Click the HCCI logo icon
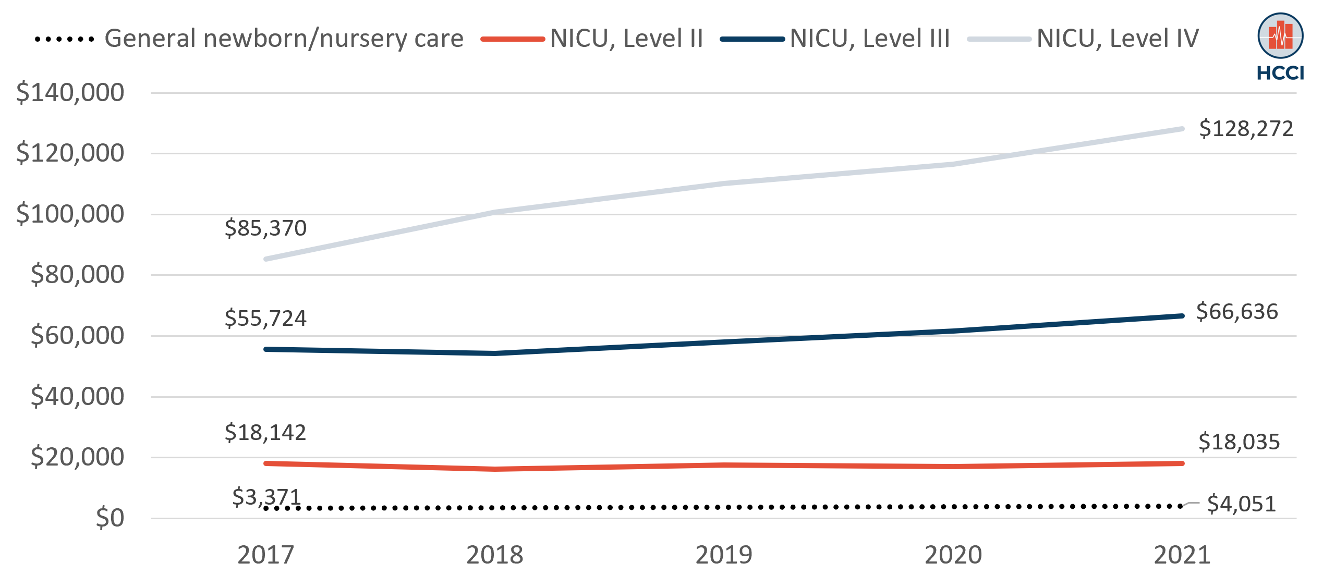click(1280, 35)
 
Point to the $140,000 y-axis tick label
click(70, 93)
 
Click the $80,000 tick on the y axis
click(77, 275)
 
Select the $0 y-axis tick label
click(110, 518)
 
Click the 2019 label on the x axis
click(724, 555)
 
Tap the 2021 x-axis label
click(1182, 555)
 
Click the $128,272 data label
click(1246, 129)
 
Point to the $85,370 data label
click(265, 228)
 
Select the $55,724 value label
click(265, 319)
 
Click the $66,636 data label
click(1237, 312)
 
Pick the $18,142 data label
click(265, 433)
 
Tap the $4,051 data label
click(1241, 504)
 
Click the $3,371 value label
click(266, 497)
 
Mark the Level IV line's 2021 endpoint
click(1182, 129)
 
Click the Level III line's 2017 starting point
click(266, 349)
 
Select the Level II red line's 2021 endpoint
click(1182, 463)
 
